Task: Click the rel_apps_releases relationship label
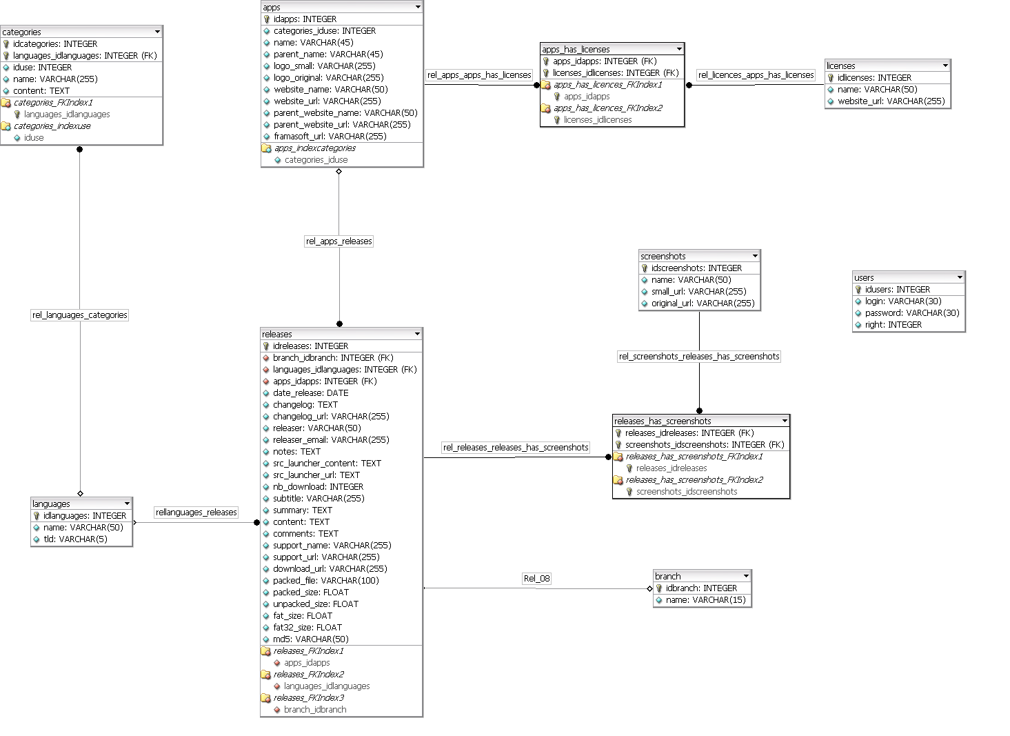(339, 241)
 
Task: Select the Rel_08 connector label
(537, 578)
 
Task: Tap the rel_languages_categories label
(80, 315)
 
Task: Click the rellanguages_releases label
(196, 513)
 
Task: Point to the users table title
(865, 277)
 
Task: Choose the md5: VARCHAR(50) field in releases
(311, 639)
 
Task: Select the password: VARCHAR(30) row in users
(911, 313)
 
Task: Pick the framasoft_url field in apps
(330, 137)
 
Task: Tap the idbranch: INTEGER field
(701, 588)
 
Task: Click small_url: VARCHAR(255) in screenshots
(698, 292)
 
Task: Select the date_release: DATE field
(310, 393)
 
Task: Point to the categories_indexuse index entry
(52, 126)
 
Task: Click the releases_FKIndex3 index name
(308, 698)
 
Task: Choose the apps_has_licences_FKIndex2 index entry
(607, 108)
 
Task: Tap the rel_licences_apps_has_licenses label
(756, 75)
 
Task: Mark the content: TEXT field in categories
(41, 91)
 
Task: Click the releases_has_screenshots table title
(663, 421)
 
